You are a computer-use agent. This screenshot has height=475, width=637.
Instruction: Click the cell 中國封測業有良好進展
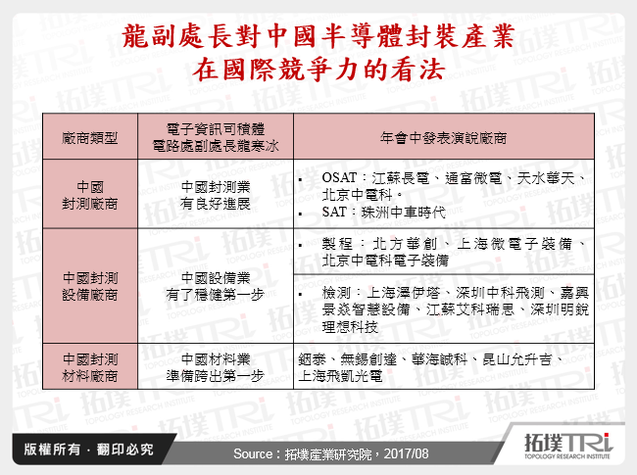coord(217,196)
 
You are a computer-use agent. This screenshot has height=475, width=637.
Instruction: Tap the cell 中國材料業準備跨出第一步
coord(217,365)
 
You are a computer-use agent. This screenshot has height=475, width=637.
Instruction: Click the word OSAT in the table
coord(338,177)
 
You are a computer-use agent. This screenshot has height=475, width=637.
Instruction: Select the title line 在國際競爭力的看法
coord(318,71)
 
